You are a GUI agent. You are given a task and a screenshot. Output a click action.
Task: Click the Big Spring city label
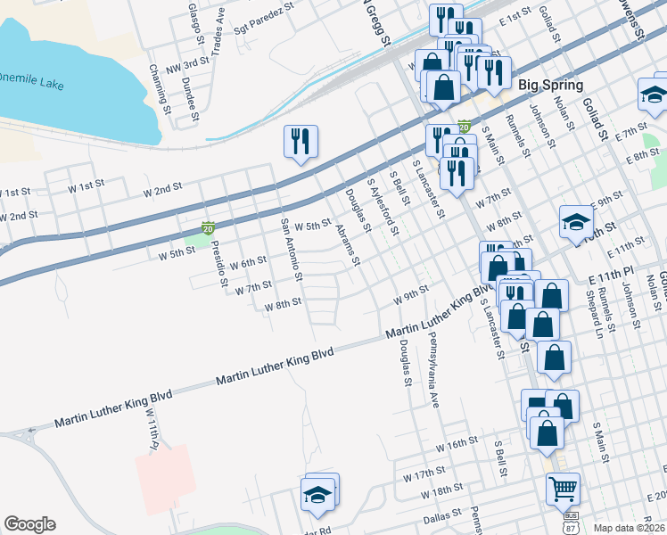tap(550, 86)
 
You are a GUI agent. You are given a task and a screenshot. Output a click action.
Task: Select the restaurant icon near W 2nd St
tap(301, 142)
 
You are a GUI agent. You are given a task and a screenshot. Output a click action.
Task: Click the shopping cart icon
tap(563, 490)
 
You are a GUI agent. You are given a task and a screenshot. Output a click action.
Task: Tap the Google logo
tap(29, 524)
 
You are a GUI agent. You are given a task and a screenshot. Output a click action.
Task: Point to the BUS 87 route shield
tap(570, 522)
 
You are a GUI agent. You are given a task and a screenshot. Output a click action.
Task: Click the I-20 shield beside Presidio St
tap(207, 229)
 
